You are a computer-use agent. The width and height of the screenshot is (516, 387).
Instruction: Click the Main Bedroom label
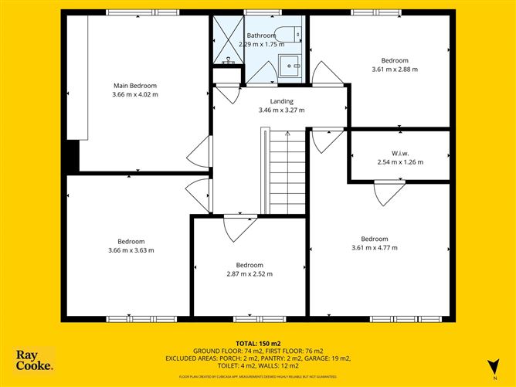tap(135, 85)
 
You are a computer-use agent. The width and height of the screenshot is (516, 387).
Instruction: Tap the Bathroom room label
tap(261, 36)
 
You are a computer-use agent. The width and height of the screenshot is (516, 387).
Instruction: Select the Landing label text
tap(281, 101)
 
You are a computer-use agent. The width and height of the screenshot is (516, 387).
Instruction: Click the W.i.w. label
tap(401, 153)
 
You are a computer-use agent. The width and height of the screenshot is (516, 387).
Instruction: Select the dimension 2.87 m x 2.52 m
tap(249, 273)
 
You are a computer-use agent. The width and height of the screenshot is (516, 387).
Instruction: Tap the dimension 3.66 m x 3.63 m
tap(131, 250)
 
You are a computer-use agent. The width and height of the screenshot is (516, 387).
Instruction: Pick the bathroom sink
tap(292, 66)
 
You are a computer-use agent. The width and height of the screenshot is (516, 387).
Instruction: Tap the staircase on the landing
tap(288, 171)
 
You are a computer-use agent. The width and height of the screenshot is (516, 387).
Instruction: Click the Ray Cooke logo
tap(36, 360)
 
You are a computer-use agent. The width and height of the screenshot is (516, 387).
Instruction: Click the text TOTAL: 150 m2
tap(258, 342)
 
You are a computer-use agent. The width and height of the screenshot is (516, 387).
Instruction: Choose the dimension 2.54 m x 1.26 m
tap(401, 162)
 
